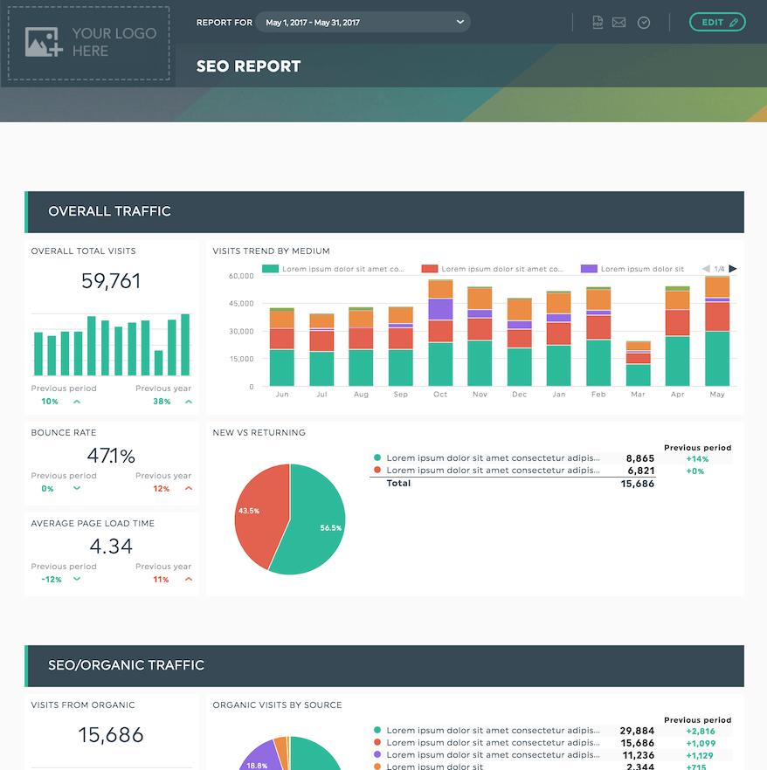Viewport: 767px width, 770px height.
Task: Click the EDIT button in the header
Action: click(716, 22)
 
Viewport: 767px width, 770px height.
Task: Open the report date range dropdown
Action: click(363, 22)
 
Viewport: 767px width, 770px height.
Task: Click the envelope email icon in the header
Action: click(618, 23)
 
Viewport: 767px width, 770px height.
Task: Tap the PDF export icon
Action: click(598, 23)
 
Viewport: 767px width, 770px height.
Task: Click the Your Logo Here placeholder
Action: click(89, 43)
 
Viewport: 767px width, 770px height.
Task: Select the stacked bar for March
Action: click(638, 364)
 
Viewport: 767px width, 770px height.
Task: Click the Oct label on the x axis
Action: click(440, 395)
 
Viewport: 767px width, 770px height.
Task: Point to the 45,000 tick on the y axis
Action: click(240, 304)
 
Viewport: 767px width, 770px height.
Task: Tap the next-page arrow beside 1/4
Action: click(733, 269)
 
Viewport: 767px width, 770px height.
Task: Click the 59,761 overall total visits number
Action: click(111, 281)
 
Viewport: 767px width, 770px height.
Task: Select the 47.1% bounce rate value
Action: click(111, 456)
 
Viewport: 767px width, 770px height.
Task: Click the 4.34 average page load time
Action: click(111, 547)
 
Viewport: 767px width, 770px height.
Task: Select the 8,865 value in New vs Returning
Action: click(639, 458)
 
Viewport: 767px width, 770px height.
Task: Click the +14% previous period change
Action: click(696, 458)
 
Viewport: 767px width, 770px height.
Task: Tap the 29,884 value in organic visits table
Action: click(637, 731)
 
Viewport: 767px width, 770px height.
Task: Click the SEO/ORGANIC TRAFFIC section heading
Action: click(126, 665)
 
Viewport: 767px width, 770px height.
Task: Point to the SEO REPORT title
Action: click(248, 66)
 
